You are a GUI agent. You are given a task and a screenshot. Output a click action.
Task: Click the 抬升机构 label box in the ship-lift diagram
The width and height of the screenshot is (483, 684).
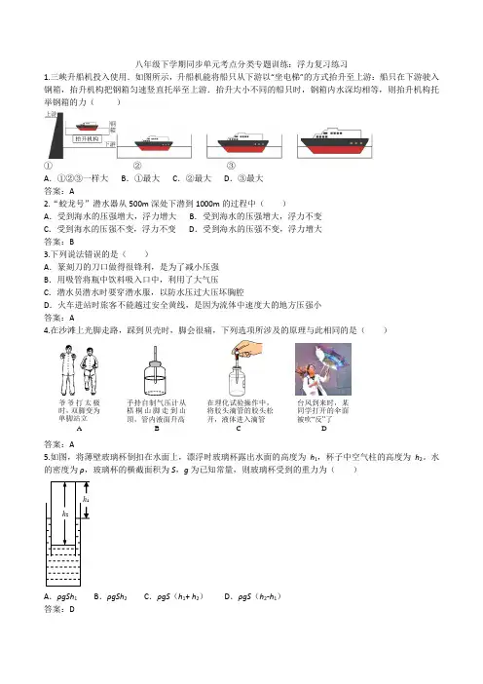click(x=87, y=138)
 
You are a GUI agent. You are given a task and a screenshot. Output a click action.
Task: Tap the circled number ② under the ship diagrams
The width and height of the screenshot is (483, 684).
click(x=137, y=166)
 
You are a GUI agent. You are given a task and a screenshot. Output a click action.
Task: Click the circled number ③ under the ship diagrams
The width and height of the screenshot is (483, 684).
click(x=231, y=166)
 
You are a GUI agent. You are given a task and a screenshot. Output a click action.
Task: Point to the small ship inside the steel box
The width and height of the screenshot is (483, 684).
click(x=88, y=127)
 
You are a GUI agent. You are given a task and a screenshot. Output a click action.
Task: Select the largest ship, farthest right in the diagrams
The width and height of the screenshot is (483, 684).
click(x=335, y=141)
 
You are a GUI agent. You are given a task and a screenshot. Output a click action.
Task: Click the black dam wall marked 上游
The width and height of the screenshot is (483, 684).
click(x=56, y=135)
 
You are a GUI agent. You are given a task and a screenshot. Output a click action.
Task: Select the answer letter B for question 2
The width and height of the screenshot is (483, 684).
click(x=72, y=242)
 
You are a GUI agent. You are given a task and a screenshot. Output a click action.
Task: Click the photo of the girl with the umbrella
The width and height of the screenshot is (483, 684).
click(x=323, y=369)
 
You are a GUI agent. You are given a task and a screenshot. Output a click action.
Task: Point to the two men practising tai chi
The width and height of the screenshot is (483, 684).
click(x=79, y=370)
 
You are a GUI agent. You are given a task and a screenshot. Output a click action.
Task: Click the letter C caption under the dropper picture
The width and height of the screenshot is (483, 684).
click(x=239, y=429)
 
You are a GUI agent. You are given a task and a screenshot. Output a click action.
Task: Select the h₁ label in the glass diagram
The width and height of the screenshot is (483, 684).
click(x=86, y=499)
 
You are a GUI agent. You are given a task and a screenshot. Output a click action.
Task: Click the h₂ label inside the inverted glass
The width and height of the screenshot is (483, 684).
click(x=65, y=514)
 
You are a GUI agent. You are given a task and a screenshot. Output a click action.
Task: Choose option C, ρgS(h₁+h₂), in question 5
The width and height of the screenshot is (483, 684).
click(x=173, y=596)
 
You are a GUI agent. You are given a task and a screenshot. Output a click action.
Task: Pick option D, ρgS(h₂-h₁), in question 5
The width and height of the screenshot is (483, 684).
click(x=252, y=596)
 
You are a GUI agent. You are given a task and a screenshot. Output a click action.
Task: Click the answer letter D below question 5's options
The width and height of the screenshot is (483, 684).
click(x=72, y=609)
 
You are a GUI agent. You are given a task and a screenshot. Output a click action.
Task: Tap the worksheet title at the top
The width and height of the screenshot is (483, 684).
click(x=241, y=64)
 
